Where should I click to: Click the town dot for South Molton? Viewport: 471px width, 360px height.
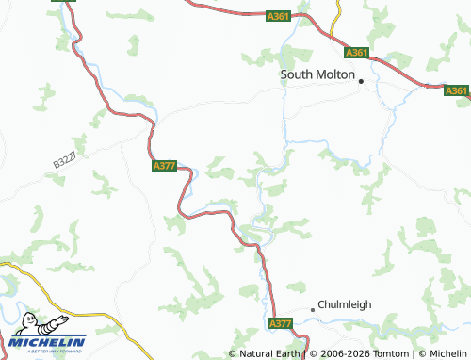coord(360,81)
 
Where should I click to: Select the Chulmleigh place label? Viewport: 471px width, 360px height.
coord(349,307)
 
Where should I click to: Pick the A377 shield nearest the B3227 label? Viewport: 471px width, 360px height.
coord(164,166)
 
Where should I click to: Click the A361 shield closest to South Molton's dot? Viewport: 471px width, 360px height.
coord(357,54)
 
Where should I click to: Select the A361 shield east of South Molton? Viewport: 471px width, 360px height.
coord(456,90)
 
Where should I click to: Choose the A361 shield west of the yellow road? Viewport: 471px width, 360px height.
coord(278,16)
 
